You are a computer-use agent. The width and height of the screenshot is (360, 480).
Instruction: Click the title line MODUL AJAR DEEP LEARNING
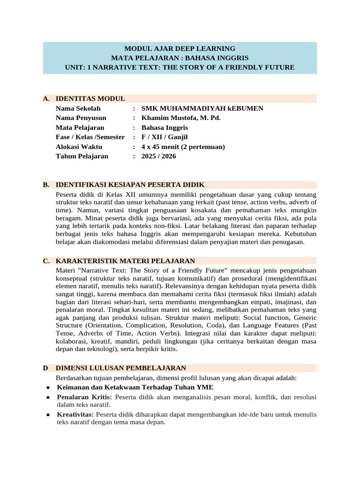pos(180,48)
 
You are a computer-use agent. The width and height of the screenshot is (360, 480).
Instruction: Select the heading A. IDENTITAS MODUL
pos(90,98)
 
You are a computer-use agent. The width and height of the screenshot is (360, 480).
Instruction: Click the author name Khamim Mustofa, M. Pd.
pos(180,118)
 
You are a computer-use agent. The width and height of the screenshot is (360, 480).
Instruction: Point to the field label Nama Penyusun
pos(81,118)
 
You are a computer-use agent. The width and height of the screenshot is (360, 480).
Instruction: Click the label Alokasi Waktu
pos(79,147)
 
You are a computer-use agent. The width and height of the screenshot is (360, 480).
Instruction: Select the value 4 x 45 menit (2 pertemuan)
pos(183,147)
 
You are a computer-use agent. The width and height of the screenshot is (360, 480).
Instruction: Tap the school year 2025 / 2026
pos(158,156)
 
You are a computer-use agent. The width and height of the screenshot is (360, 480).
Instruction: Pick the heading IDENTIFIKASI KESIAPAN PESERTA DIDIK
pos(130,185)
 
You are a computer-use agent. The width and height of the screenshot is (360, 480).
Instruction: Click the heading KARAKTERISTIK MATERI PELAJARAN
pos(125,261)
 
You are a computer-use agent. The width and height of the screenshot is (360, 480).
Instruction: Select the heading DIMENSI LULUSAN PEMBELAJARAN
pos(121,368)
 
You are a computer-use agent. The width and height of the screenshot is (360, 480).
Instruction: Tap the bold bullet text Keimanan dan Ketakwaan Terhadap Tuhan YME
pos(135,387)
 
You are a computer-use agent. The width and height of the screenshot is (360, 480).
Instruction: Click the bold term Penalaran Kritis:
pos(84,397)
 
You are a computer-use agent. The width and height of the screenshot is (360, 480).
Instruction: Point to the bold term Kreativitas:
pos(75,414)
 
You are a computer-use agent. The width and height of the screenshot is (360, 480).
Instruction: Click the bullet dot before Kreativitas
pos(49,415)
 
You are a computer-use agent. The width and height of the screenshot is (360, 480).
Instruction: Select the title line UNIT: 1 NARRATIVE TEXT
pos(180,67)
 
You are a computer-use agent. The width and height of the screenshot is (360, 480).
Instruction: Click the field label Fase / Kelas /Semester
pos(90,137)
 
